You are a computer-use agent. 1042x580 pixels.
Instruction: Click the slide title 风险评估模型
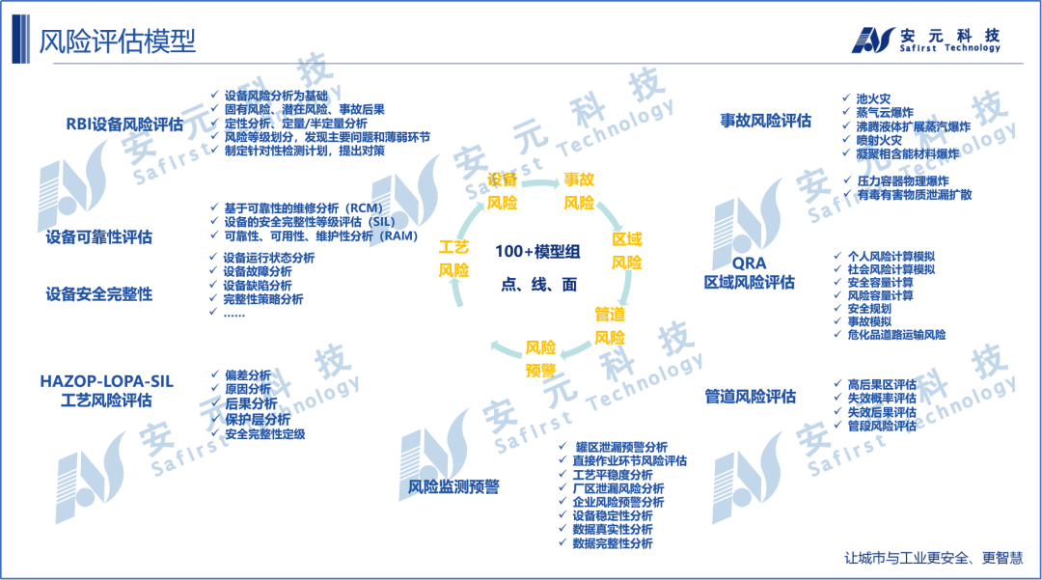pos(118,41)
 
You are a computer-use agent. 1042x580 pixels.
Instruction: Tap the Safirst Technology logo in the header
pos(925,40)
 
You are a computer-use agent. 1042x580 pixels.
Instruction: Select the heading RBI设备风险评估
pos(124,124)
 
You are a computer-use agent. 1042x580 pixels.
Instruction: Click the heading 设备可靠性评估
pos(99,237)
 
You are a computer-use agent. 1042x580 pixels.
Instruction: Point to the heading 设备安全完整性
pos(99,294)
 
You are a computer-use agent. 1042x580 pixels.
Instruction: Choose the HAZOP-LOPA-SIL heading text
pos(106,381)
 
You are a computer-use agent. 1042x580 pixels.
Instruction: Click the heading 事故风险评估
pos(766,121)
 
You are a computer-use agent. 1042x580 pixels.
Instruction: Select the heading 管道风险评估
pos(750,396)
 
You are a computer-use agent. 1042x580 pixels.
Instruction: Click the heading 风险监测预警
pos(453,486)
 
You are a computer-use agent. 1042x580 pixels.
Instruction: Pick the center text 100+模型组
pos(538,251)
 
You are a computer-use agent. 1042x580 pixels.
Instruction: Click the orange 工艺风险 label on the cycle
pos(453,259)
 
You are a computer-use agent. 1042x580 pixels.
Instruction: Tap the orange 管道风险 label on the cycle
pos(610,326)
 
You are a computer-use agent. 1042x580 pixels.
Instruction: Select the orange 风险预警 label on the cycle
pos(540,359)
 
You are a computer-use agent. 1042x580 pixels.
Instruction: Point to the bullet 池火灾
pos(873,98)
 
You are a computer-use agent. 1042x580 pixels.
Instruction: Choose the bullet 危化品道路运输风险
pos(896,335)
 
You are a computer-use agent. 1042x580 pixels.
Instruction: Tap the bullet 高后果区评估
pos(881,384)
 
